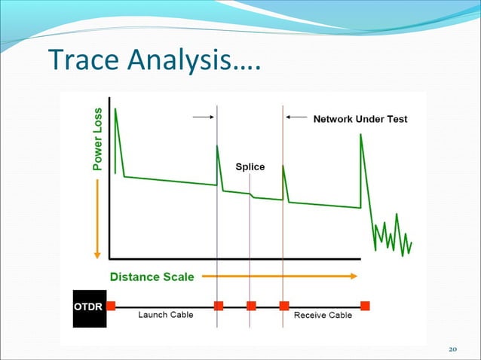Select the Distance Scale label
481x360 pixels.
(152, 276)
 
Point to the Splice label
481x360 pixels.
(250, 166)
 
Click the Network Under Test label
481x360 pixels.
(360, 119)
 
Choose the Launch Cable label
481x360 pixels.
(164, 315)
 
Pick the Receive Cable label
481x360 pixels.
(322, 315)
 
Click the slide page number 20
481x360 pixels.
(452, 349)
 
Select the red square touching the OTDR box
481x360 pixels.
(110, 306)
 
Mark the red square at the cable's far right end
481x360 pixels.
(365, 306)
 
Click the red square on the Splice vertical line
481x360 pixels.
(251, 306)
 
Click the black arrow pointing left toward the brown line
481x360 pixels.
(296, 117)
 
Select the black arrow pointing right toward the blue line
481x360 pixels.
(203, 117)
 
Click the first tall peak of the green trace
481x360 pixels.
(116, 111)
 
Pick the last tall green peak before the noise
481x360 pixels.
(361, 136)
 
